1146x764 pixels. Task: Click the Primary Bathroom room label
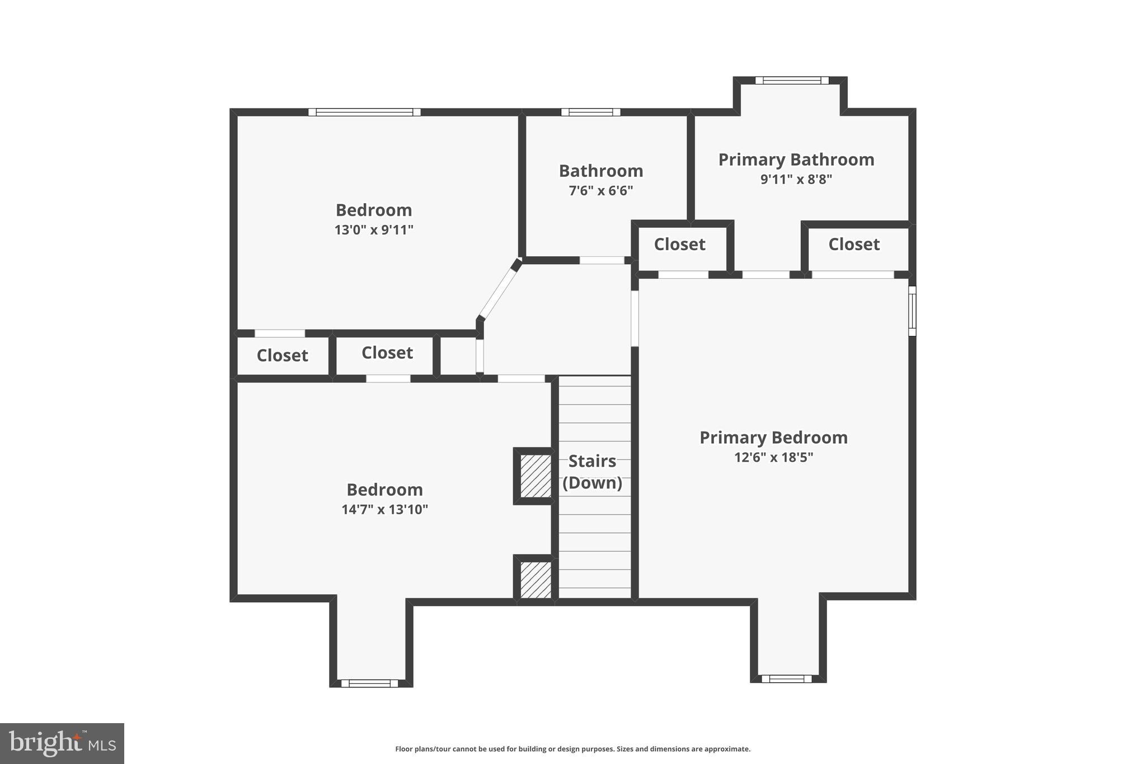pos(796,160)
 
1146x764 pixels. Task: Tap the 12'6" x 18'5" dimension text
pos(773,457)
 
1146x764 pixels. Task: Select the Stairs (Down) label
pos(592,472)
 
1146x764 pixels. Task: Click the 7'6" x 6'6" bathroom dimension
pos(600,191)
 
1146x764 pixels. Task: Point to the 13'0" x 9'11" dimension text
pos(373,230)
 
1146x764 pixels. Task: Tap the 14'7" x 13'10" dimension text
pos(384,509)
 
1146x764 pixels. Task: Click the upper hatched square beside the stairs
pos(536,476)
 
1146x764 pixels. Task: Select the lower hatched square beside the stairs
pos(536,579)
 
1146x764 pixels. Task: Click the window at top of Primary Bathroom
pos(791,81)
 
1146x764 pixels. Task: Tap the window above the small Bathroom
pos(590,112)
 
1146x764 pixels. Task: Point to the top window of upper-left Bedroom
pos(364,112)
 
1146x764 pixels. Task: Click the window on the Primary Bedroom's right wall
pos(912,311)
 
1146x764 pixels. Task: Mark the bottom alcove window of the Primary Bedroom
pos(786,679)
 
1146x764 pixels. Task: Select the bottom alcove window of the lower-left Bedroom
pos(369,683)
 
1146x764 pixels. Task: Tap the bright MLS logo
pos(62,743)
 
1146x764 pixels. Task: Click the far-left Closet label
pos(282,355)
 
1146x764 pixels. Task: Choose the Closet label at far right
pos(854,245)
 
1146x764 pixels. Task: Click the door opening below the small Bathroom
pos(602,260)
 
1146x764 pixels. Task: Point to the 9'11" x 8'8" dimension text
pos(796,180)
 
